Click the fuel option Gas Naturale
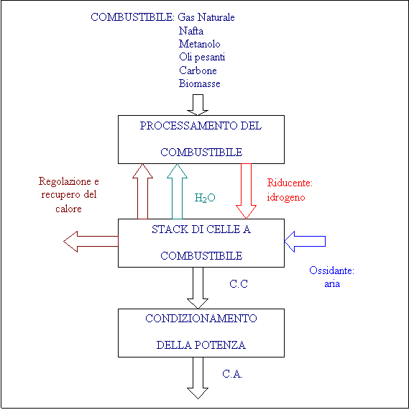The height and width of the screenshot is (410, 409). click(x=206, y=17)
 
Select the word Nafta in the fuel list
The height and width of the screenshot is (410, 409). click(x=191, y=31)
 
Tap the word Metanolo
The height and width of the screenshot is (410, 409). click(x=199, y=44)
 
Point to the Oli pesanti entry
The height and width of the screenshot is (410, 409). click(x=202, y=58)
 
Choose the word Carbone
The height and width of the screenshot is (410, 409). click(x=198, y=70)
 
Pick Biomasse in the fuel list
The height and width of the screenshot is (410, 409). click(x=199, y=83)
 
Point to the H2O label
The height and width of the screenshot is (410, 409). click(x=205, y=198)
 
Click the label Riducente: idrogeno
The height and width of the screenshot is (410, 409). click(x=290, y=190)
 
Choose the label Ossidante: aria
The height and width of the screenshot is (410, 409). click(x=331, y=277)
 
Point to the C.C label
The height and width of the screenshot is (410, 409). click(x=239, y=284)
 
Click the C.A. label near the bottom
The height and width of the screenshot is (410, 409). click(x=232, y=374)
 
